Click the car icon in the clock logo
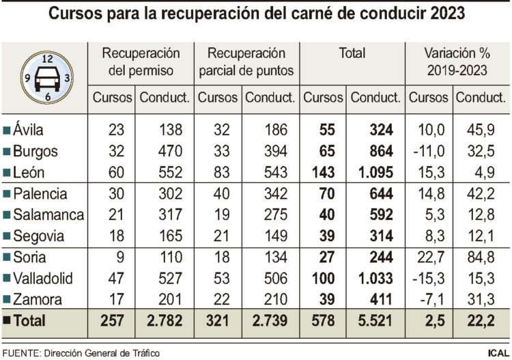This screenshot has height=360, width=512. point(48,78)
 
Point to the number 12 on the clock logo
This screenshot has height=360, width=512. point(48,58)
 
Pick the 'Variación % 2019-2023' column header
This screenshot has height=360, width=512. point(456,61)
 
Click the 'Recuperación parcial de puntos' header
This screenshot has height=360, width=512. point(246,61)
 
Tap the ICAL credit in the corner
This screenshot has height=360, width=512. point(496,352)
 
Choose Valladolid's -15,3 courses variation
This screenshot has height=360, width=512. point(428,279)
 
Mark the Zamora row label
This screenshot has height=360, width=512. point(38,300)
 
